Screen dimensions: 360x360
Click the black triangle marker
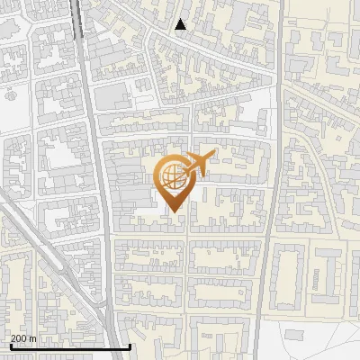[181, 24]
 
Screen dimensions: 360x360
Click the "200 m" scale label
[23, 338]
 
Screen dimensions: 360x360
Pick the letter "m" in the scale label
[32, 338]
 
